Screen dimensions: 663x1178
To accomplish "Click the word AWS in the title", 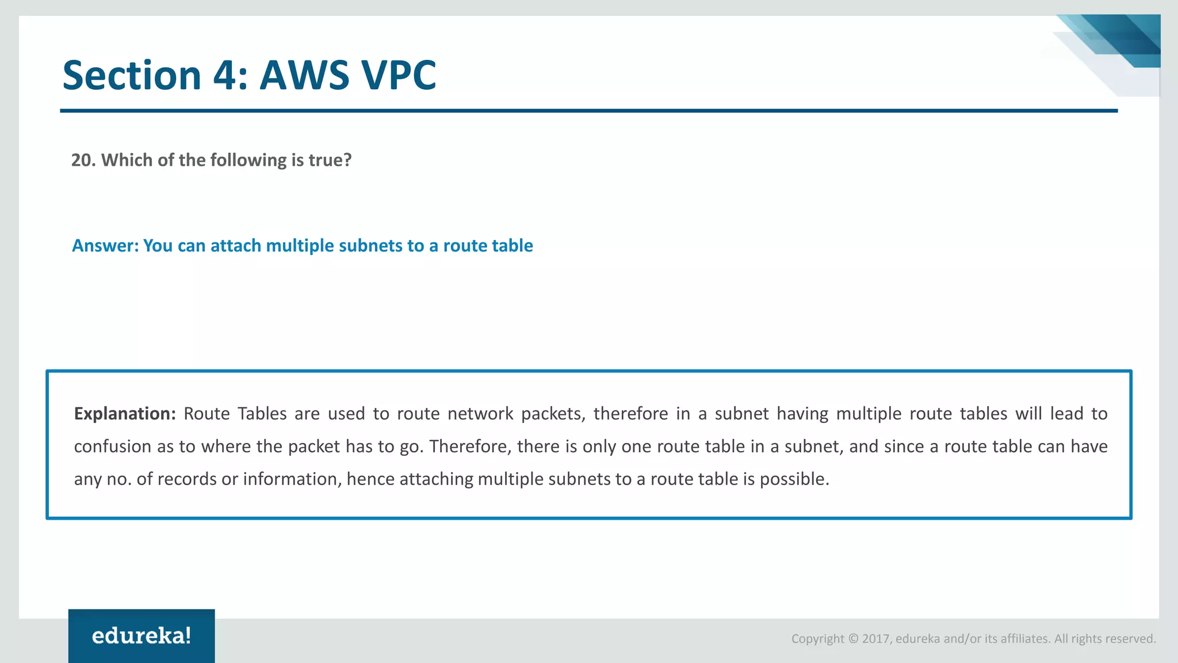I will pyautogui.click(x=304, y=75).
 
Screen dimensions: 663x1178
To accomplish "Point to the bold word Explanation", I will pyautogui.click(x=124, y=414).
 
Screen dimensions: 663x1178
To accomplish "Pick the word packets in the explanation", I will pyautogui.click(x=553, y=414).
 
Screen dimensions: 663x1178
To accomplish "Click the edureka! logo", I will pyautogui.click(x=141, y=636).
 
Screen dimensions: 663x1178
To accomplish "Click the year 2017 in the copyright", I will pyautogui.click(x=876, y=639).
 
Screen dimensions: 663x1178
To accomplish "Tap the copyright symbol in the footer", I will pyautogui.click(x=853, y=639).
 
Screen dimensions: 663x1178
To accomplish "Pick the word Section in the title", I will pyautogui.click(x=132, y=75).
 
